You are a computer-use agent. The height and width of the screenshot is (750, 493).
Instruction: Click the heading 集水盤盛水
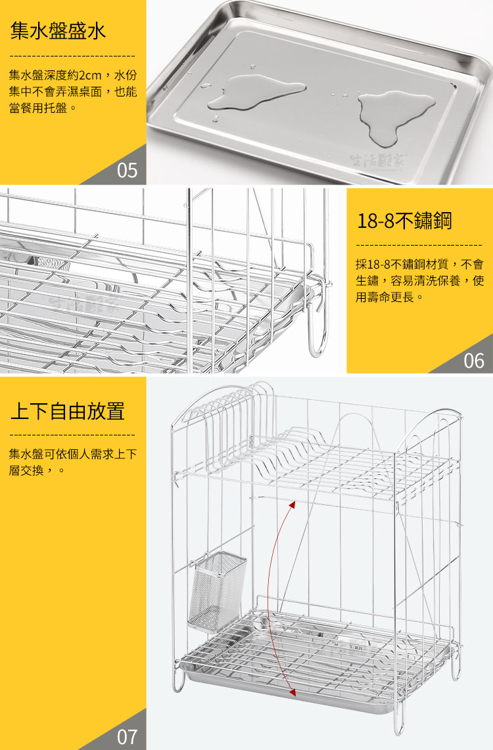click(x=58, y=31)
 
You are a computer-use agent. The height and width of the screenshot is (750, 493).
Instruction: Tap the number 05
click(x=127, y=171)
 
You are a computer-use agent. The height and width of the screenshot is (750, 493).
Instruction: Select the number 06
click(x=473, y=361)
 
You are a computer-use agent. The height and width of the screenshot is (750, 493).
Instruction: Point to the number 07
click(x=127, y=737)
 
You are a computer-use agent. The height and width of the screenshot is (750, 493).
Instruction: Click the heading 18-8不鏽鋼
click(x=404, y=221)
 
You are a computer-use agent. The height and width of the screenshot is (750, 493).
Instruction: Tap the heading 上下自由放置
click(x=68, y=411)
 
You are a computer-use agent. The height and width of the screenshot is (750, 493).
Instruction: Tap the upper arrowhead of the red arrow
click(x=292, y=504)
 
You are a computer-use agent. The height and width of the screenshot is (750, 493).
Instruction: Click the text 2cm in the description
click(x=90, y=76)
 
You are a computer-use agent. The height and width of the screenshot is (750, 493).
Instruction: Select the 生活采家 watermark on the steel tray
click(x=377, y=160)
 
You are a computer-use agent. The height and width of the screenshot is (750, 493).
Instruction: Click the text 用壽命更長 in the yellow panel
click(x=385, y=298)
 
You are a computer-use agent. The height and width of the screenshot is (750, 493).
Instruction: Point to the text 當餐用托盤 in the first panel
click(x=38, y=108)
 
